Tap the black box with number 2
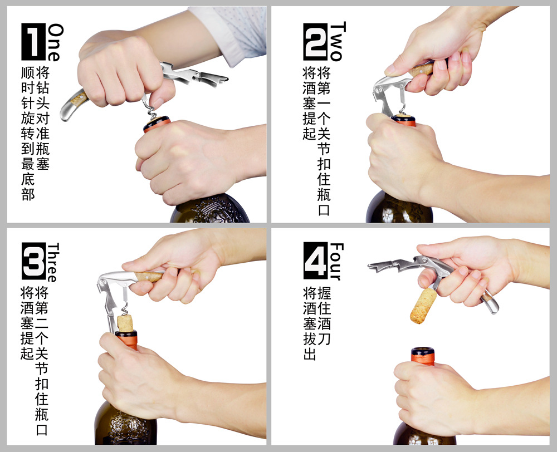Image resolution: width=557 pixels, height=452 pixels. click(x=315, y=42)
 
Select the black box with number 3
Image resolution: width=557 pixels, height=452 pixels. click(x=33, y=261)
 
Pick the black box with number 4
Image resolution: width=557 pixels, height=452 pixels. click(x=315, y=261)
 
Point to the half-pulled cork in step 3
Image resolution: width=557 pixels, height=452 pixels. click(x=125, y=322)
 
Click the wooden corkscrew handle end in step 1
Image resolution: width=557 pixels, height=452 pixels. click(x=72, y=102)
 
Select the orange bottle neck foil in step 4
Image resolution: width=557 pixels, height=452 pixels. click(x=423, y=356)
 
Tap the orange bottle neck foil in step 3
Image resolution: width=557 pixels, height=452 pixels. click(x=126, y=339)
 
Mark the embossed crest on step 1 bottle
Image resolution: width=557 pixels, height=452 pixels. click(x=209, y=212)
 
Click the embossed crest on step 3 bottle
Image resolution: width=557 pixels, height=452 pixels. click(x=125, y=429)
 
